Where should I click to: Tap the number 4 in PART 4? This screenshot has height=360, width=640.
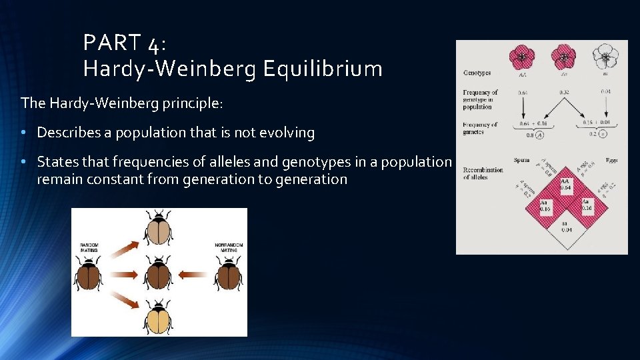pyautogui.click(x=154, y=44)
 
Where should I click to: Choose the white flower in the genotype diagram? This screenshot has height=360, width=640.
pyautogui.click(x=605, y=57)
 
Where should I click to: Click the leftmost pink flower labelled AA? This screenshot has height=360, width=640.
pyautogui.click(x=521, y=57)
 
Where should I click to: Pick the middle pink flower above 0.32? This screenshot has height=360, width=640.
pyautogui.click(x=564, y=57)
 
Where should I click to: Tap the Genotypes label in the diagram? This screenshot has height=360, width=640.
pyautogui.click(x=477, y=73)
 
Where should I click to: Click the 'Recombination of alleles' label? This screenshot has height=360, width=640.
pyautogui.click(x=483, y=173)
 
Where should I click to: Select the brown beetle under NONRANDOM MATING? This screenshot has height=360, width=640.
pyautogui.click(x=229, y=273)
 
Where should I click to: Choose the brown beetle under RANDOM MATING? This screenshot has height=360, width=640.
pyautogui.click(x=89, y=274)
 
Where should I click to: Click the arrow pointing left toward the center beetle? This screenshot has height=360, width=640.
pyautogui.click(x=193, y=273)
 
